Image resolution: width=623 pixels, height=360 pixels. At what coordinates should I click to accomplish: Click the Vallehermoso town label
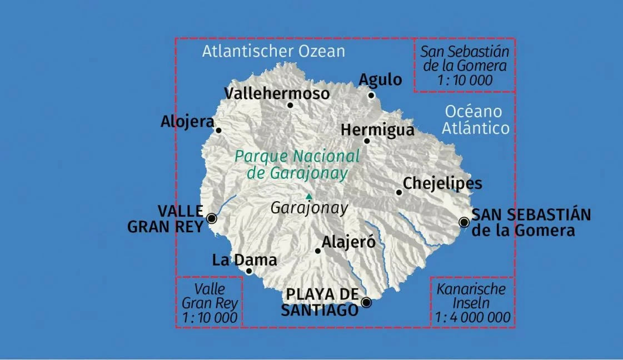point(277,93)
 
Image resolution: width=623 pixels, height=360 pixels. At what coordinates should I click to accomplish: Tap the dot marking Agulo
point(371,95)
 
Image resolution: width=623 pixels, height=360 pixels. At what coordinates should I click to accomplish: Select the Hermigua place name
point(377,130)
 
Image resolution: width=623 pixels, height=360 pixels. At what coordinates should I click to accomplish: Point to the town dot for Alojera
point(218,131)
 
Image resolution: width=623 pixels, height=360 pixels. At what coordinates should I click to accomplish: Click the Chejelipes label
point(442,183)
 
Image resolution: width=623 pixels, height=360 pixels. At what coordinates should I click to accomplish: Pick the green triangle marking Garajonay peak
point(309,196)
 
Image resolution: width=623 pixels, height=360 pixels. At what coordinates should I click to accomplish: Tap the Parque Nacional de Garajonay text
point(297,164)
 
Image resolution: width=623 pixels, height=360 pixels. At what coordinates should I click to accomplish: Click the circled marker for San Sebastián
point(464,222)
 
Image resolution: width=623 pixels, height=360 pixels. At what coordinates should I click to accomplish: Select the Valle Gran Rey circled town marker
point(212,218)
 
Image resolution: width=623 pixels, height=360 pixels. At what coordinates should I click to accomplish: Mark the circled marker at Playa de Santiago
point(366,302)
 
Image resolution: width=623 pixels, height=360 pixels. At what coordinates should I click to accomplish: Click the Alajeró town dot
point(318,251)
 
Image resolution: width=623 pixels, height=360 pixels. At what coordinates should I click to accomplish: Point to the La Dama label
point(245,259)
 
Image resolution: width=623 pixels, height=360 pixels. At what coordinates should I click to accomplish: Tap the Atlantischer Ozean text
point(273,52)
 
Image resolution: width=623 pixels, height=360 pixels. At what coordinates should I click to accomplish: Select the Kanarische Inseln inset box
point(471,303)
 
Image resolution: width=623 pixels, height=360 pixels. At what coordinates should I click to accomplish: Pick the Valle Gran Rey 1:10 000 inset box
point(210,303)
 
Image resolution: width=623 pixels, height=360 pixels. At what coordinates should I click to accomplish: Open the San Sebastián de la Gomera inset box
point(465,66)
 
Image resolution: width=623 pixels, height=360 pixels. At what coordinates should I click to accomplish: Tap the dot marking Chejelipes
point(398,192)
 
